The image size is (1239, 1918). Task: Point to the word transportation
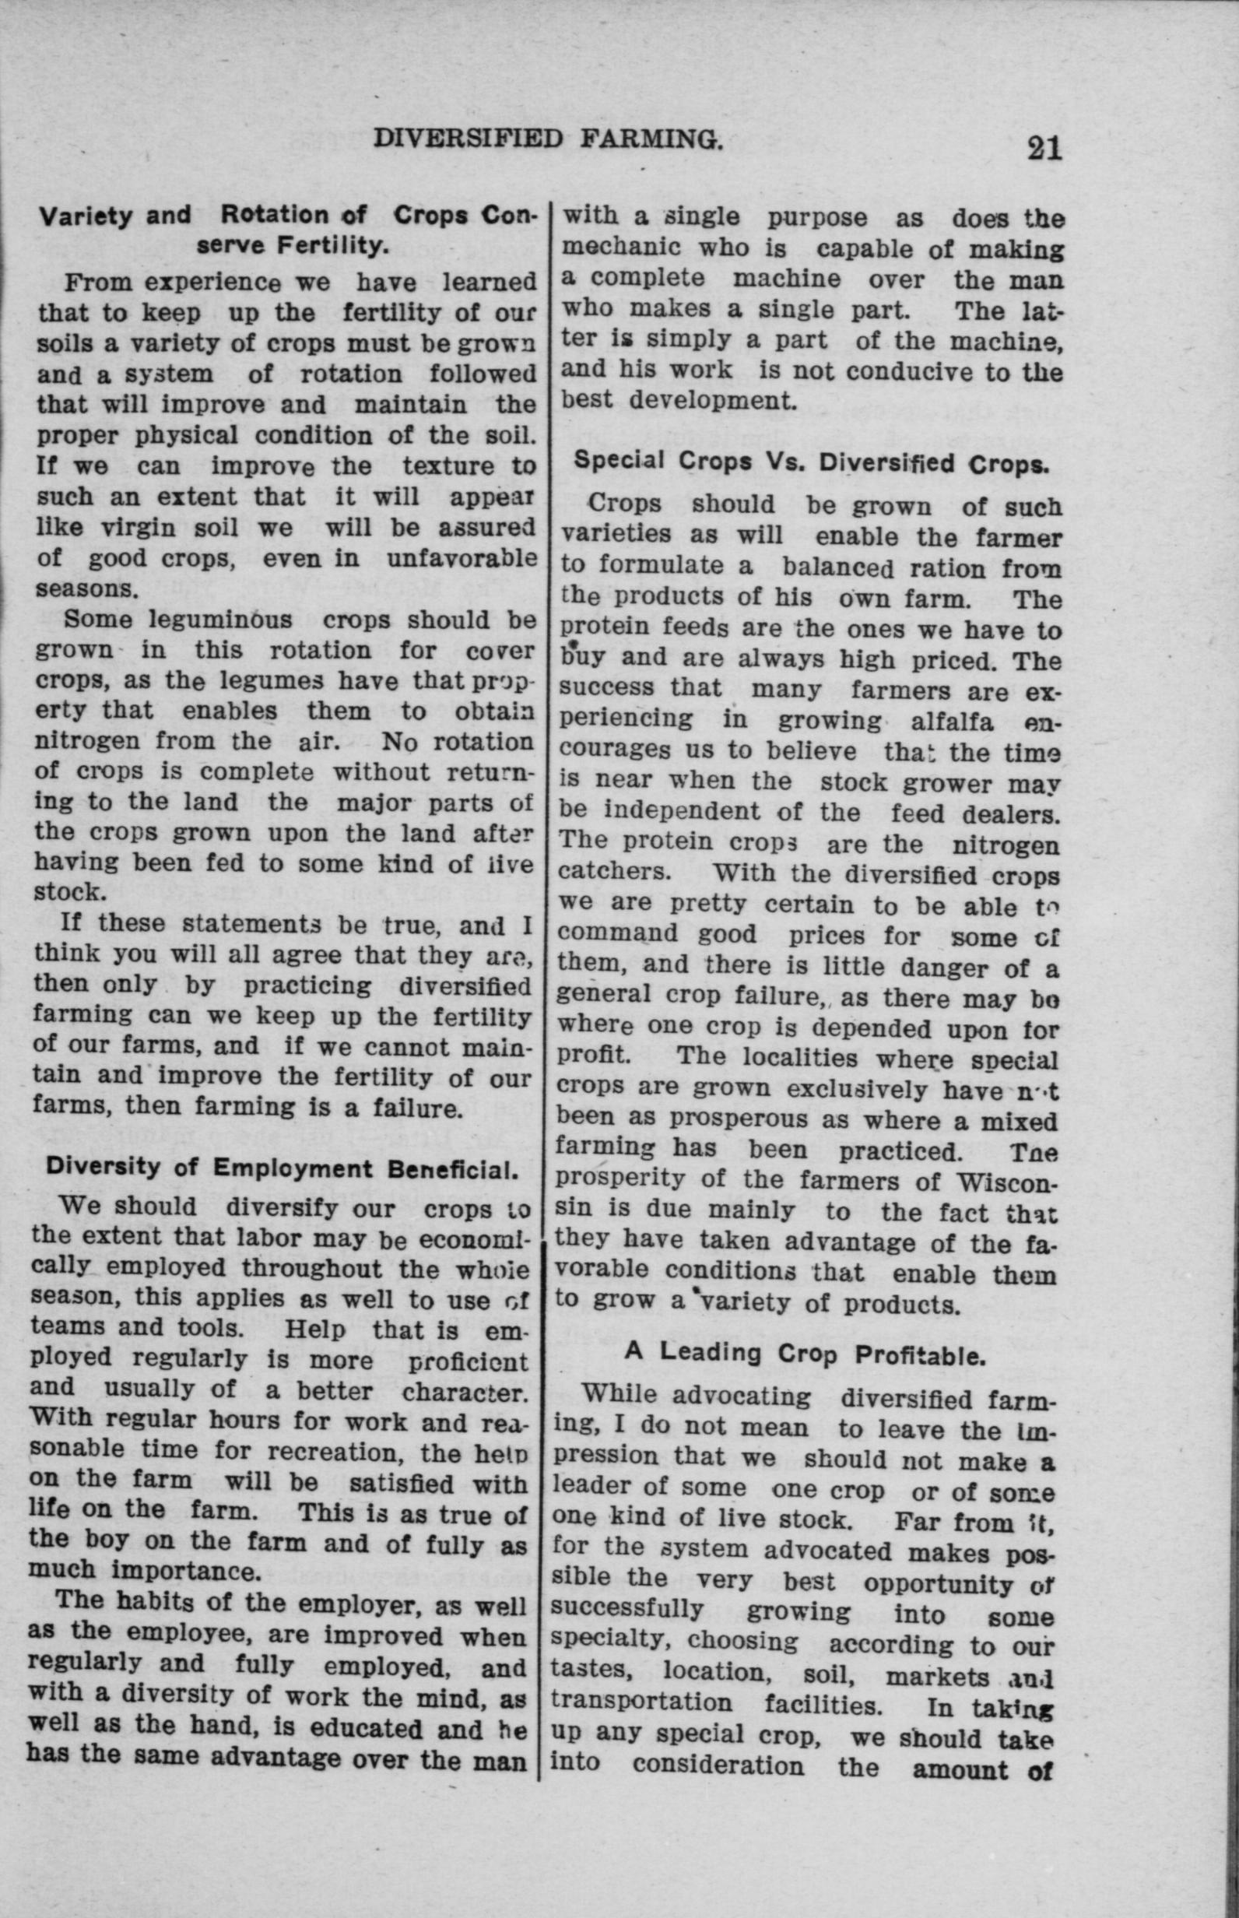point(642,1703)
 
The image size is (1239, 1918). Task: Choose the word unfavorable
point(461,558)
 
